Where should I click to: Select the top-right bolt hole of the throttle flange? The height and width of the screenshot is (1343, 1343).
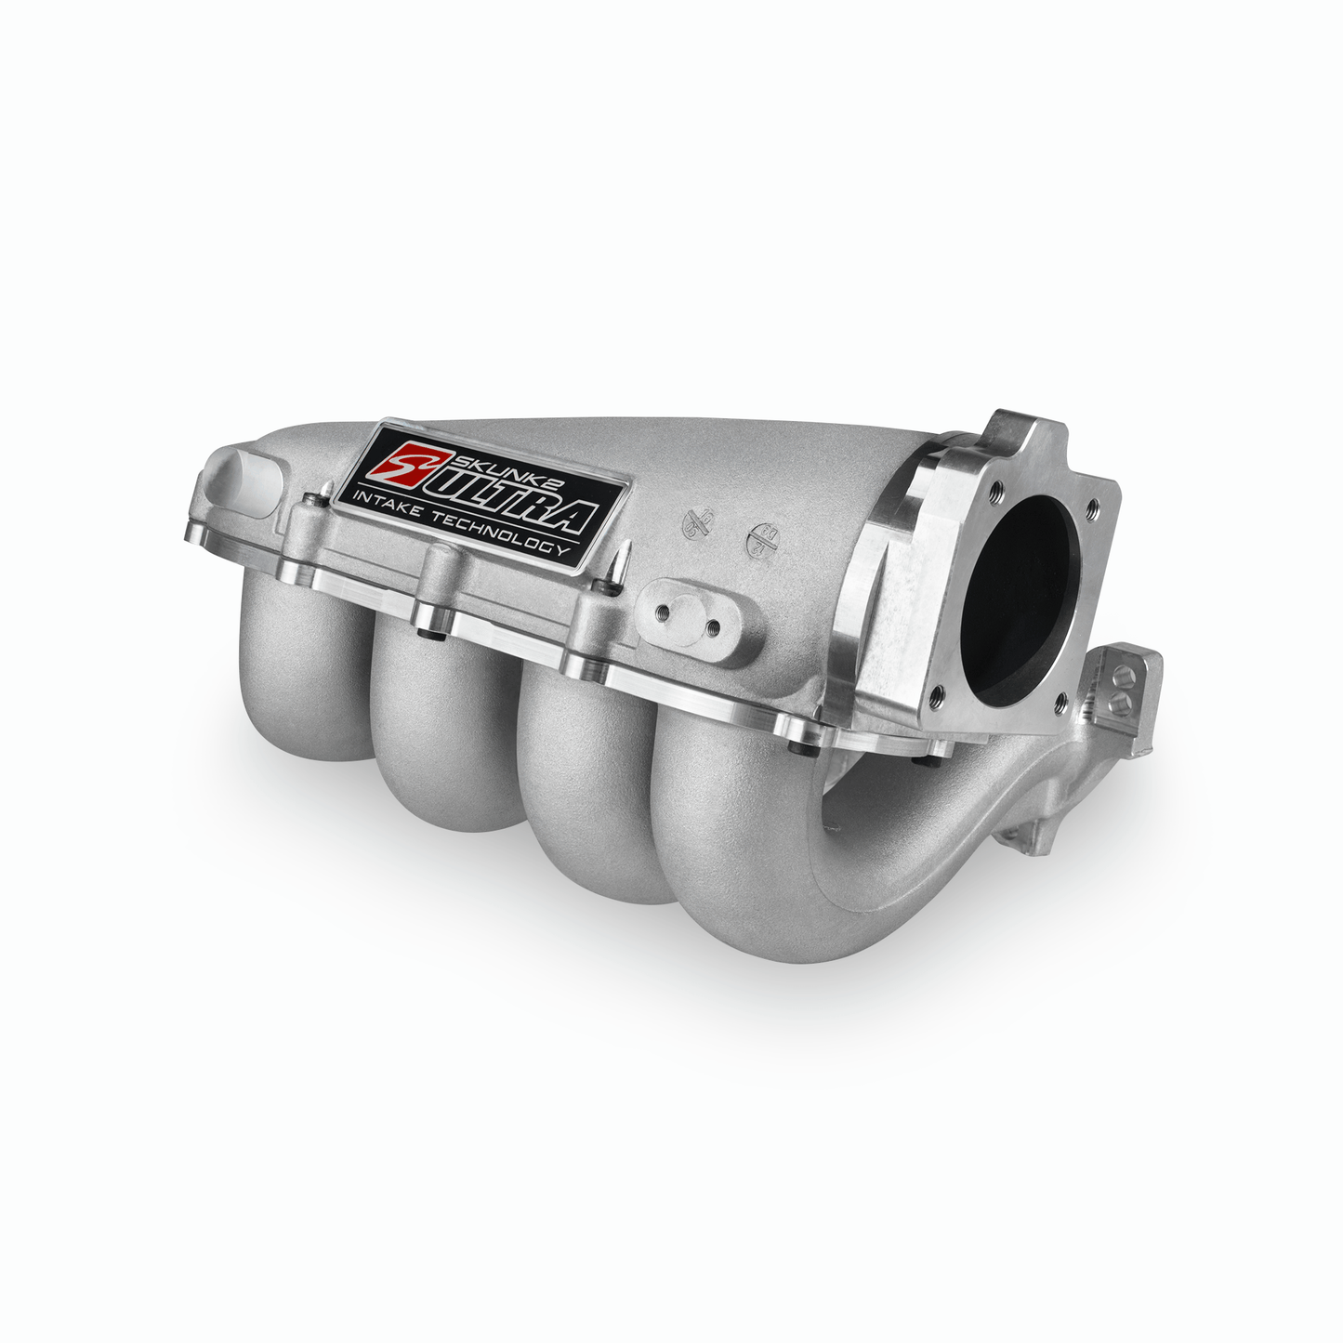point(1092,506)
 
